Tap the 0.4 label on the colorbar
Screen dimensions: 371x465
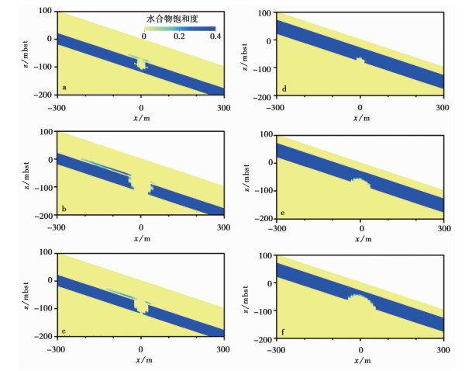coord(215,36)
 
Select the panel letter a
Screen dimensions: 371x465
coord(64,88)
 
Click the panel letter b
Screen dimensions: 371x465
coord(64,209)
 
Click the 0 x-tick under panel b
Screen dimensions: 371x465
coord(141,228)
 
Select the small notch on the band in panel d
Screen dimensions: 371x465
coord(360,59)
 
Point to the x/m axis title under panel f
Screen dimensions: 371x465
coord(360,360)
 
